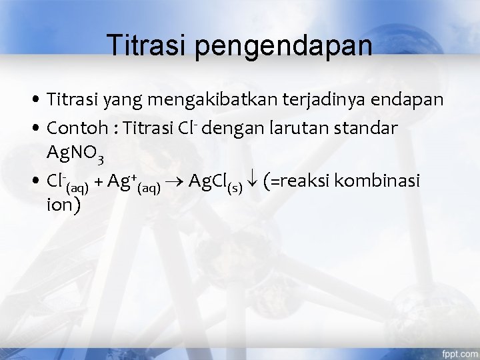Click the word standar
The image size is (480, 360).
tap(373, 128)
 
